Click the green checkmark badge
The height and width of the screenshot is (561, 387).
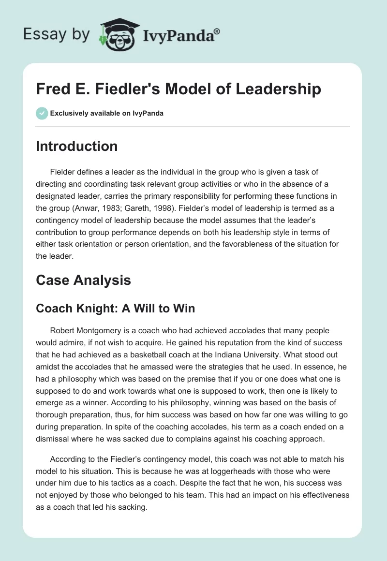point(42,113)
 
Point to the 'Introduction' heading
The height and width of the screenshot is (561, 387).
point(76,147)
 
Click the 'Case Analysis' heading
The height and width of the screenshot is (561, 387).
point(83,280)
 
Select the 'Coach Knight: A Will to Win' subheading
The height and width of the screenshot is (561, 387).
point(115,309)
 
